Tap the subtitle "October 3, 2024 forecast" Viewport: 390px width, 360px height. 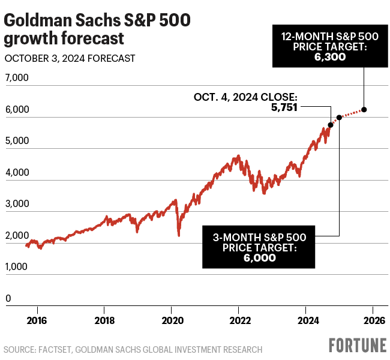pyautogui.click(x=70, y=59)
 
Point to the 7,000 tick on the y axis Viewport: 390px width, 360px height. pyautogui.click(x=16, y=79)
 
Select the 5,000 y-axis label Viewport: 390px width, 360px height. pyautogui.click(x=16, y=142)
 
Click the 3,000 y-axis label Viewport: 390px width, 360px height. pyautogui.click(x=16, y=204)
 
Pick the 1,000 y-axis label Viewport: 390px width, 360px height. pyautogui.click(x=16, y=267)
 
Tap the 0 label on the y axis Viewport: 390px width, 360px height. pyautogui.click(x=8, y=298)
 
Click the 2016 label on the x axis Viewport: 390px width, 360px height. pyautogui.click(x=37, y=319)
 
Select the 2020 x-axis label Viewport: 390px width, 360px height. pyautogui.click(x=172, y=319)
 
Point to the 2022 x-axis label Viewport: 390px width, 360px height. pyautogui.click(x=239, y=319)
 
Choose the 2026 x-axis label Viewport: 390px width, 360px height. pyautogui.click(x=373, y=319)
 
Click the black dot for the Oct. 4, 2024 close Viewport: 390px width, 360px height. pyautogui.click(x=331, y=125)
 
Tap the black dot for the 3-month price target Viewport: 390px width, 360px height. pyautogui.click(x=339, y=118)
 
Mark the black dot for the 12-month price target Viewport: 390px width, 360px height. pyautogui.click(x=364, y=109)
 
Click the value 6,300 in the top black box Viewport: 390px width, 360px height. pyautogui.click(x=330, y=57)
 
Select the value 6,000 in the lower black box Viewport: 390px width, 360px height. pyautogui.click(x=259, y=258)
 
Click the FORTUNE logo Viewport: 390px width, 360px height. pyautogui.click(x=357, y=346)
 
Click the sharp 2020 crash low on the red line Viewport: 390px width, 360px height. pyautogui.click(x=179, y=235)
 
